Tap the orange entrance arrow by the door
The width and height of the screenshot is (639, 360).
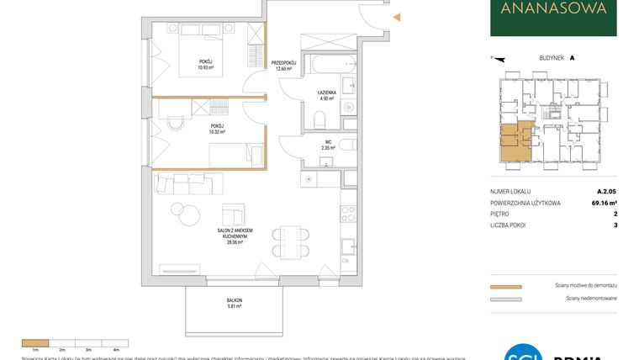click(398, 17)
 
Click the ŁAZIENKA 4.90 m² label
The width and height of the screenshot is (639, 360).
click(327, 94)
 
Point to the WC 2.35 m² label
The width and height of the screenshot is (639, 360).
click(327, 145)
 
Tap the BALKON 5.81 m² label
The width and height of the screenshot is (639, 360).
click(234, 304)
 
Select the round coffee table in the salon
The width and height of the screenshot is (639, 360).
click(177, 209)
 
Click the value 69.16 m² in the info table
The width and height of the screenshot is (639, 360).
click(601, 203)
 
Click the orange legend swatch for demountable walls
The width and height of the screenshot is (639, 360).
click(505, 287)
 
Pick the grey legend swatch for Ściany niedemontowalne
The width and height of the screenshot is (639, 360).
click(505, 299)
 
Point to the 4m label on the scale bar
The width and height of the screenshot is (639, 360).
click(115, 347)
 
